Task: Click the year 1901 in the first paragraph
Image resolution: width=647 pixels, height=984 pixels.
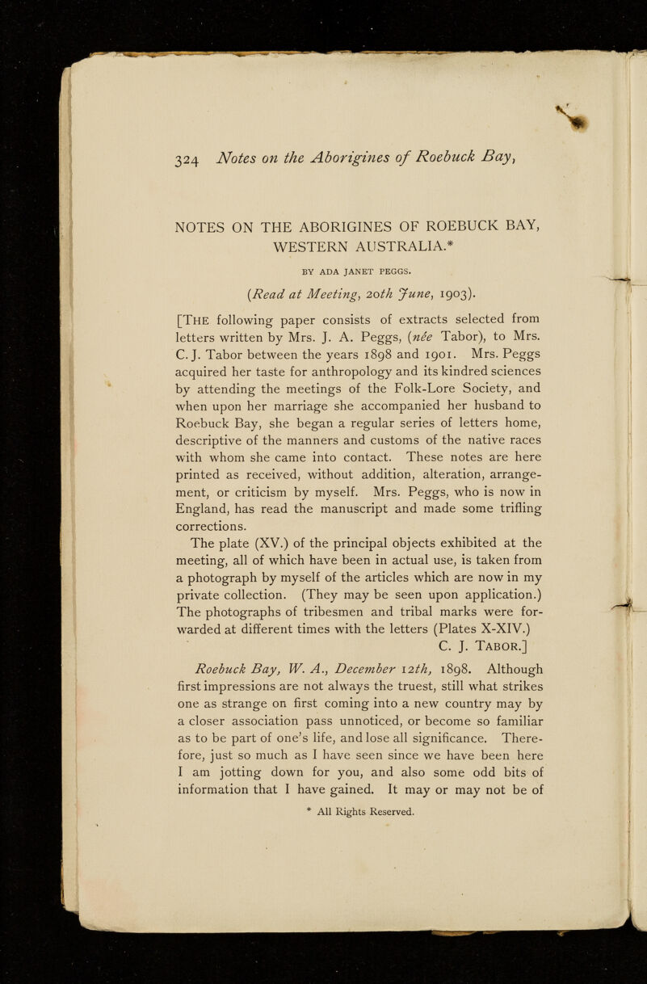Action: [x=490, y=351]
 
